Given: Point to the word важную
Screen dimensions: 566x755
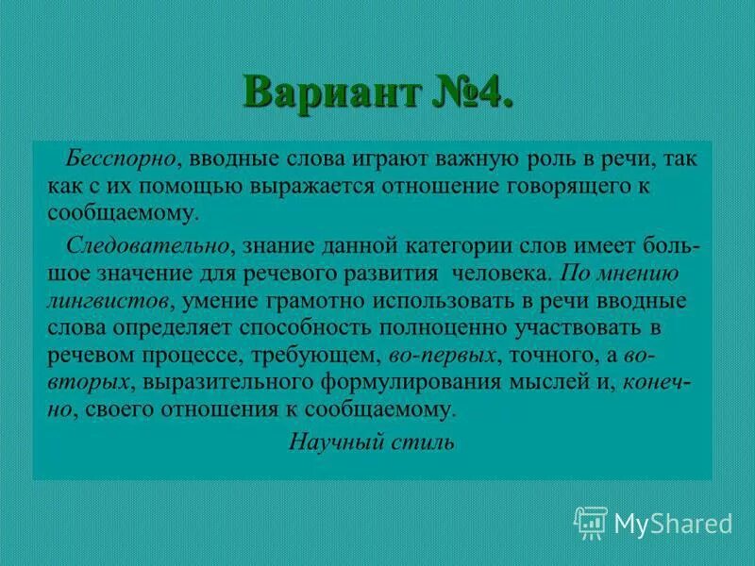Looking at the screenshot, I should [457, 159].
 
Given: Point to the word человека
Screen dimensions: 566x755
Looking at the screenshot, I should [499, 274].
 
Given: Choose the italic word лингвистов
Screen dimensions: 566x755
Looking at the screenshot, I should [108, 302].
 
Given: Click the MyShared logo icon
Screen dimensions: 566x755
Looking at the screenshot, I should [591, 522].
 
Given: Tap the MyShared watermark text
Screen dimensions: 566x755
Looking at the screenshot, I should [673, 523].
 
